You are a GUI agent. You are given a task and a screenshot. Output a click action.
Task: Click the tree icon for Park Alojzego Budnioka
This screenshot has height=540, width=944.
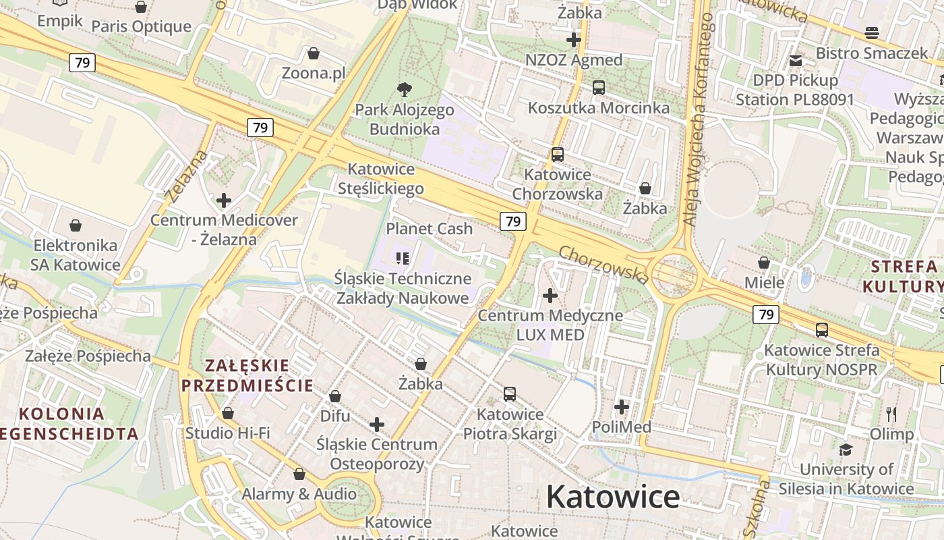(404, 88)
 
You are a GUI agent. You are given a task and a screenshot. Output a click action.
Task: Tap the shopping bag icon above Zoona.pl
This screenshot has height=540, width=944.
(313, 53)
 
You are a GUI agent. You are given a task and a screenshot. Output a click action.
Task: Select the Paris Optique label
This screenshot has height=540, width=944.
(142, 27)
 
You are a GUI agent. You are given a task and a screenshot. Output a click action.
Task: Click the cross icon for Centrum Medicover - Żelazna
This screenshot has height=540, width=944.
(224, 200)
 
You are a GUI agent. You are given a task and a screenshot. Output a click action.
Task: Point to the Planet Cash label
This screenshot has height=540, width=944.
(429, 229)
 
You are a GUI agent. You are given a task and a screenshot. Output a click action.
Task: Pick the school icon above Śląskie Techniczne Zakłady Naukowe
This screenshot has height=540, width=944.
(403, 258)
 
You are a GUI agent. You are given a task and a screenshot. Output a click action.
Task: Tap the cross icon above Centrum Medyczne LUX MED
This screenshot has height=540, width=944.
(550, 295)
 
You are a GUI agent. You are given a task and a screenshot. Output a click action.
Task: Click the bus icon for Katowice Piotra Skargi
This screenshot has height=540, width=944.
(510, 394)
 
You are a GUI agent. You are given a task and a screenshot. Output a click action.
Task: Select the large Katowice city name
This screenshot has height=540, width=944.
(612, 497)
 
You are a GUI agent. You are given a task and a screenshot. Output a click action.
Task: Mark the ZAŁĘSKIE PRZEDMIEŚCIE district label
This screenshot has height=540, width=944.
(247, 376)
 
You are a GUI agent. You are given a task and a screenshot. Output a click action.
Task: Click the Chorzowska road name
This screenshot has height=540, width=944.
(603, 264)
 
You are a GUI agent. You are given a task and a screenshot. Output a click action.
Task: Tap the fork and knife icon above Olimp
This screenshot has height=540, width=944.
(891, 414)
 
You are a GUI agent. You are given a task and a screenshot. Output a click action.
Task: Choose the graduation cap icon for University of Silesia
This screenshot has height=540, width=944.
(846, 450)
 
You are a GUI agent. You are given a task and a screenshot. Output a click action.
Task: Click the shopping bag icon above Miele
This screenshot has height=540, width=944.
(764, 262)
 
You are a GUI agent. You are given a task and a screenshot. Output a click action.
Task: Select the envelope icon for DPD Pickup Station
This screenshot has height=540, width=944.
(796, 60)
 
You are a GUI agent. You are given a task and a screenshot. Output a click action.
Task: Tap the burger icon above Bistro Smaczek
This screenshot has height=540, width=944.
(871, 33)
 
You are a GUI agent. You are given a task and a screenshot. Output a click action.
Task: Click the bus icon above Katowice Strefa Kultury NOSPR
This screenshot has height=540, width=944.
(821, 330)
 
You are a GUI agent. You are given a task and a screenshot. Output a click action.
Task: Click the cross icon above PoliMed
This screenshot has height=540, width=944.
(622, 407)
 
